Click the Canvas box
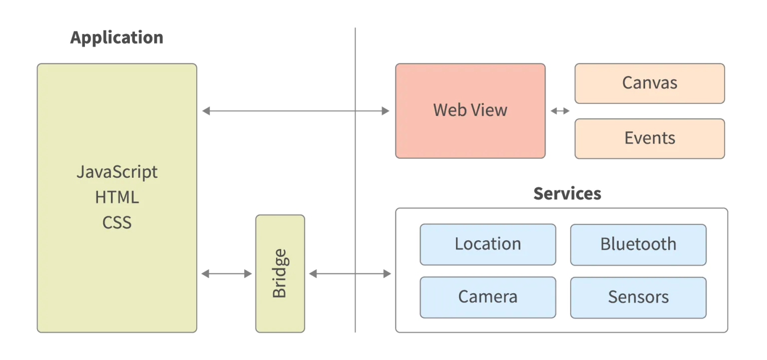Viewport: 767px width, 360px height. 650,83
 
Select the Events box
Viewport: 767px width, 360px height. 650,138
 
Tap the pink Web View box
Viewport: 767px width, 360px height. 470,110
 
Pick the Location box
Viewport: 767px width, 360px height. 487,244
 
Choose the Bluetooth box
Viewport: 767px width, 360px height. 638,244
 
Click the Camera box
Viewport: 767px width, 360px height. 487,297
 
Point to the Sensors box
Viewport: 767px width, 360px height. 638,297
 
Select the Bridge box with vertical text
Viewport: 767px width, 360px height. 280,273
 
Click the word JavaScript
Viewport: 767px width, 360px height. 117,172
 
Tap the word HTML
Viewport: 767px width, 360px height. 117,197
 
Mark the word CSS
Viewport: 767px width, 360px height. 117,223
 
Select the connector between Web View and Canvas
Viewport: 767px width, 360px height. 560,110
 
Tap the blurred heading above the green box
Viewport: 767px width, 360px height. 116,37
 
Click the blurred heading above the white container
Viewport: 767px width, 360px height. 567,193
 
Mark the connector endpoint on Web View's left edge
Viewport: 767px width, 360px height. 385,110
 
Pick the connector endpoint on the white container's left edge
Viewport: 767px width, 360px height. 385,274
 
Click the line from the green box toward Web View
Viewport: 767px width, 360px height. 280,110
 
